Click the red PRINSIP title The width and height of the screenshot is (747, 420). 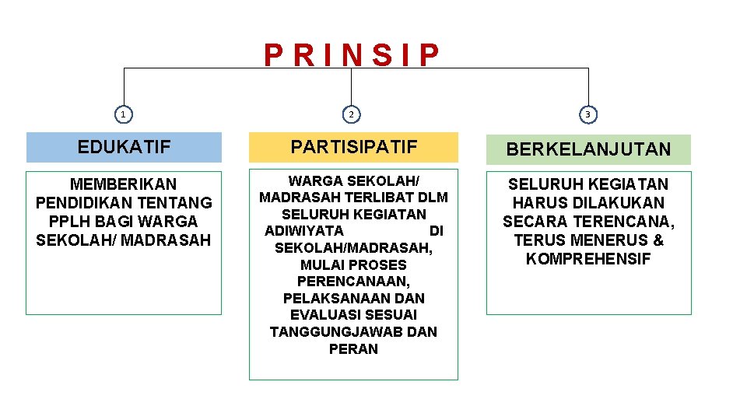(352, 56)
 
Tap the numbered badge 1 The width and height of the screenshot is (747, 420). (123, 115)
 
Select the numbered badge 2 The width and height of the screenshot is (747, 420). (352, 115)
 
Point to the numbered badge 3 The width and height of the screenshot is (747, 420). (588, 115)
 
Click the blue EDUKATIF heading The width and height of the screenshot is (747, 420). (124, 147)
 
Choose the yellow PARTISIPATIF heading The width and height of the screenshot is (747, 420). (353, 146)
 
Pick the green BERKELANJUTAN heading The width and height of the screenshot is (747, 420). (588, 149)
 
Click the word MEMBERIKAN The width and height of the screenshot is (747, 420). (124, 184)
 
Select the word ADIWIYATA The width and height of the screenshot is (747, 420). (304, 231)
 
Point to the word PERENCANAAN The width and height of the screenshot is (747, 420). (353, 282)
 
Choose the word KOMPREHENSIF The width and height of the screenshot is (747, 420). (588, 259)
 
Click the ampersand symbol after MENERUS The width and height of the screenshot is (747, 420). (658, 240)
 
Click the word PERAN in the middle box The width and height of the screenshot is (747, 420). (353, 349)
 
